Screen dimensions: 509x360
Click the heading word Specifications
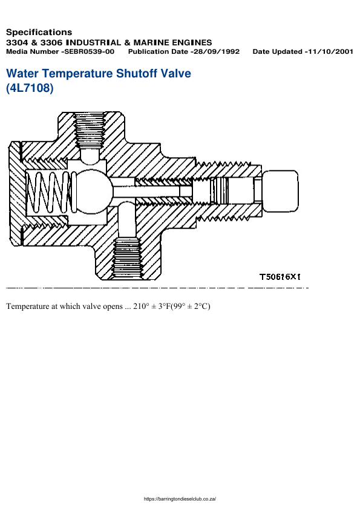tap(39, 32)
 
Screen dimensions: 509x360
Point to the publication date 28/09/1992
tap(217, 52)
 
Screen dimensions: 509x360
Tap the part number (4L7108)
tap(30, 88)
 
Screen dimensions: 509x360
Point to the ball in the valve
tap(92, 192)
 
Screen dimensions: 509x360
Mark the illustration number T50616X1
tap(281, 277)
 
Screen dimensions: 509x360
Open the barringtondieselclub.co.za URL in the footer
tap(180, 499)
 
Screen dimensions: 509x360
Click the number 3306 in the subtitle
tap(51, 42)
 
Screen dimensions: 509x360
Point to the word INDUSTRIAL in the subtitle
tap(105, 42)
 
